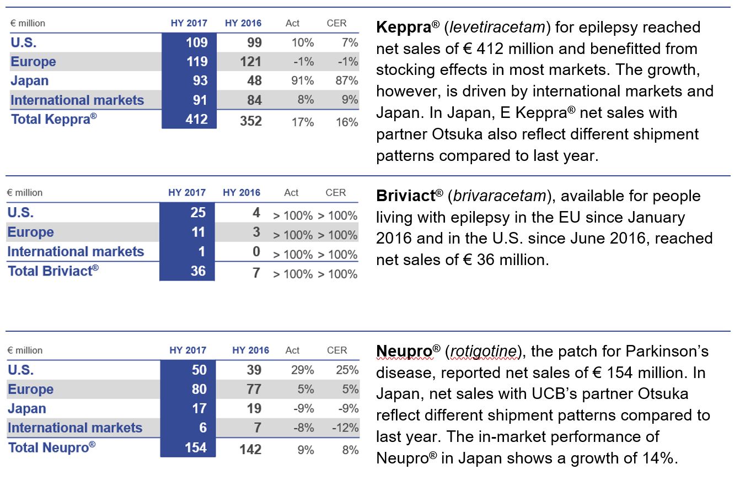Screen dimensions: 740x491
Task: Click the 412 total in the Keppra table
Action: tap(196, 119)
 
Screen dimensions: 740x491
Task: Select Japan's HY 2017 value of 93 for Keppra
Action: tap(200, 80)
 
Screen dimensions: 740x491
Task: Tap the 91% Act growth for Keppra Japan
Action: tap(302, 80)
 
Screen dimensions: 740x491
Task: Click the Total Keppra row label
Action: tap(54, 119)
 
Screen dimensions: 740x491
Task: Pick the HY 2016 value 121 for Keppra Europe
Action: tap(251, 62)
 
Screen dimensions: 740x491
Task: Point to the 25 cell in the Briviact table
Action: tap(198, 212)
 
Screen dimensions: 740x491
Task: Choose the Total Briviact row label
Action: tap(53, 271)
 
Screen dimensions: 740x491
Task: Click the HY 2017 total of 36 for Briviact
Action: tap(198, 271)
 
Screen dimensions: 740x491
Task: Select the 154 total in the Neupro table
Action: tap(196, 448)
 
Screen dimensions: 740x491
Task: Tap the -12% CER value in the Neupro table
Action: tap(345, 428)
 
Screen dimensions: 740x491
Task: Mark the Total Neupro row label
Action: tap(52, 447)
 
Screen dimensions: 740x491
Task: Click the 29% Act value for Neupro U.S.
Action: tap(302, 370)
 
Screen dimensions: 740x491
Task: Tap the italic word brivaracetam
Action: tap(500, 196)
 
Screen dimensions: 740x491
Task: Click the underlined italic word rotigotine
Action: tap(483, 352)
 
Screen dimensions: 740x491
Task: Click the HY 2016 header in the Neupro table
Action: tap(251, 350)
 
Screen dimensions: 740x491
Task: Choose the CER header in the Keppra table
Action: tap(336, 23)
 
